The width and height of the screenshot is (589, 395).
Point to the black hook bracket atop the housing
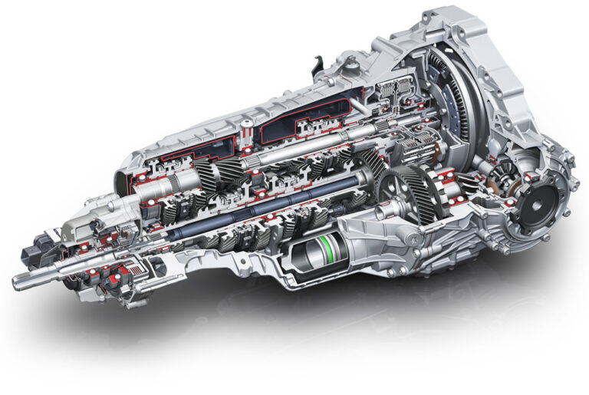click(x=315, y=67)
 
